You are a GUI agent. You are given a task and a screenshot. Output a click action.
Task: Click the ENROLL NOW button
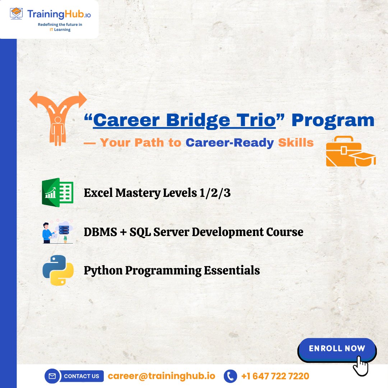337,348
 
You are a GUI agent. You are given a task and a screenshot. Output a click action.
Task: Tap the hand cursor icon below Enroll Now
360,366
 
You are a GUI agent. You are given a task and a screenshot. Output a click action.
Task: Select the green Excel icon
57,193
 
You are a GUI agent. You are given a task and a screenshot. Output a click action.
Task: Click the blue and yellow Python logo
58,270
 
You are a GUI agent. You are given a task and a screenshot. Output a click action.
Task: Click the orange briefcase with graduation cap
350,151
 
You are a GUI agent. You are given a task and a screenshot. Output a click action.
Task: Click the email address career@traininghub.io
161,376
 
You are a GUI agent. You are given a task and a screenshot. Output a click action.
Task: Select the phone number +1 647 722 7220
275,376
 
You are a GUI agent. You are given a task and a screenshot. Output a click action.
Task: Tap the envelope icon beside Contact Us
52,376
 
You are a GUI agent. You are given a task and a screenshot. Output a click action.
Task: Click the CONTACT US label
82,376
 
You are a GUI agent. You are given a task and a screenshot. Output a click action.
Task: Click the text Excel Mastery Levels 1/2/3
157,193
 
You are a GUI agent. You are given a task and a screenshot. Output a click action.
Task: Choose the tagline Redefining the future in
60,25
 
